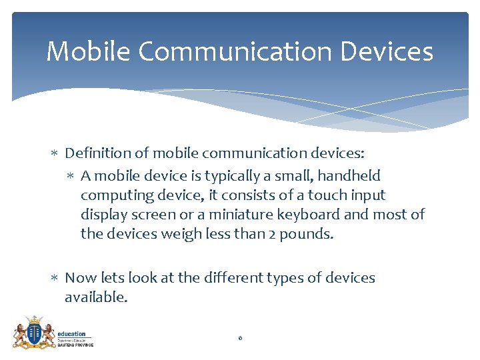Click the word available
(95, 297)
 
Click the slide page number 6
(240, 339)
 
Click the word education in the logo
(72, 333)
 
